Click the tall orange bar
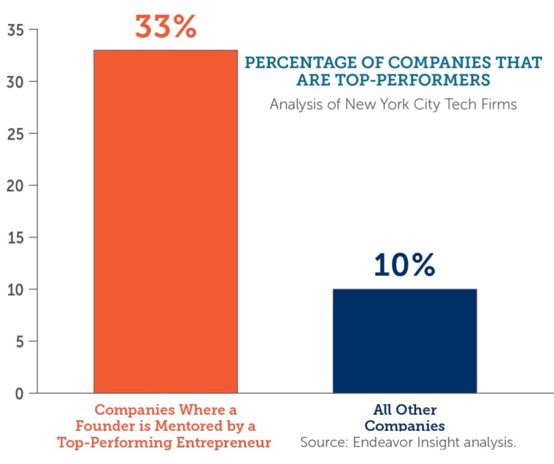pyautogui.click(x=165, y=222)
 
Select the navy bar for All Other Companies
pyautogui.click(x=405, y=341)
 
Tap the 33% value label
pyautogui.click(x=165, y=27)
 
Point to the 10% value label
pyautogui.click(x=404, y=265)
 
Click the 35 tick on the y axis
pyautogui.click(x=16, y=30)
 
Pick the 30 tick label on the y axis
pyautogui.click(x=16, y=82)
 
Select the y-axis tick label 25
pyautogui.click(x=16, y=134)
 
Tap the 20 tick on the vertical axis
pyautogui.click(x=16, y=186)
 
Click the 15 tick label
pyautogui.click(x=16, y=238)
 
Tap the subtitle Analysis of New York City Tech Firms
pyautogui.click(x=393, y=104)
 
